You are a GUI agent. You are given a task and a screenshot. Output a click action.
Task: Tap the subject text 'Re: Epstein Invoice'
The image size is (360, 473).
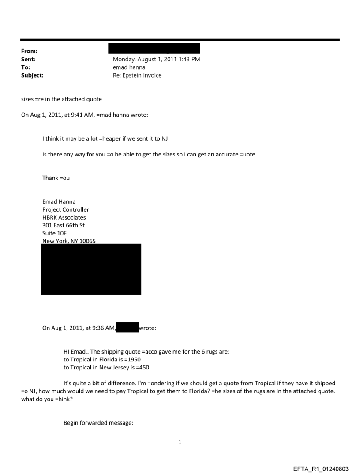pos(137,75)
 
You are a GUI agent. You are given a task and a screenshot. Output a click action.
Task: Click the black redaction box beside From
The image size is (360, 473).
pos(154,48)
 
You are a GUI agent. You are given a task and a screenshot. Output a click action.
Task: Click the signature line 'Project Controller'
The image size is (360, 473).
pos(65,209)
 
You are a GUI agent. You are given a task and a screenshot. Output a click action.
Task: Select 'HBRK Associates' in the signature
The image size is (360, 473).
pos(64,217)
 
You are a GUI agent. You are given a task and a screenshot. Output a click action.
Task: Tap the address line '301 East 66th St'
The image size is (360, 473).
pos(64,225)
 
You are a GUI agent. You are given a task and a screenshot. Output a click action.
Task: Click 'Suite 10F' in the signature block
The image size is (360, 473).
pos(55,233)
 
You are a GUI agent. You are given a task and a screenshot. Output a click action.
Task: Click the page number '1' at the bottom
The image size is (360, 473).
pos(180,442)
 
